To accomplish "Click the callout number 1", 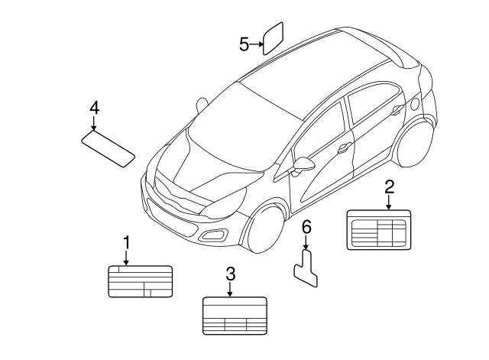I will [127, 243].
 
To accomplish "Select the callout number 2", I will [389, 186].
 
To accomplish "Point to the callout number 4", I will [94, 108].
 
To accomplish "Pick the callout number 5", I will [244, 44].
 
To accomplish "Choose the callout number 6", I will [306, 226].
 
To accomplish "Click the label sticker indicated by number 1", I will [140, 281].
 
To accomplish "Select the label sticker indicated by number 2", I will [379, 229].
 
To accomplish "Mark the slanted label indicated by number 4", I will [108, 147].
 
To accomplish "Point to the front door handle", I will [345, 148].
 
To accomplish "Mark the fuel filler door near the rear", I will [415, 102].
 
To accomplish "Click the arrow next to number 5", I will [257, 44].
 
